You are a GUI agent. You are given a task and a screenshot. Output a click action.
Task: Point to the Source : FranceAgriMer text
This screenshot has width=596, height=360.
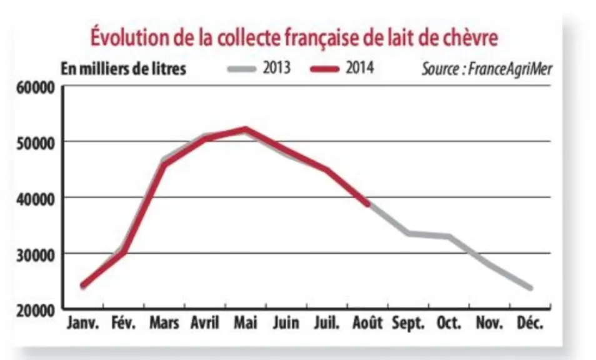(487, 69)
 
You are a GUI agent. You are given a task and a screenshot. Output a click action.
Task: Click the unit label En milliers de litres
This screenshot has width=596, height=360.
(124, 69)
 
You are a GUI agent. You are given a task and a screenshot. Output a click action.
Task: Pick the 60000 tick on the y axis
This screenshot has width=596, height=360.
(36, 88)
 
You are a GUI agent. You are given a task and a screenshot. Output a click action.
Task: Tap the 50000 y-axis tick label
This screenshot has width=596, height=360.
(36, 144)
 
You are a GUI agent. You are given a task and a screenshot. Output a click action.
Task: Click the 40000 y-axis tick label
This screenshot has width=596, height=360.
(36, 199)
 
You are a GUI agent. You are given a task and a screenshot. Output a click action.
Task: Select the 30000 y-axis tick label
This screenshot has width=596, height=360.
(36, 256)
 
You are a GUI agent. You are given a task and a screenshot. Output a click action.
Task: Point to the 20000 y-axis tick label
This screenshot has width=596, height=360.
(36, 311)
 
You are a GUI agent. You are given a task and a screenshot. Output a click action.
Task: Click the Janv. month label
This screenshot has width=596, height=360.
(83, 323)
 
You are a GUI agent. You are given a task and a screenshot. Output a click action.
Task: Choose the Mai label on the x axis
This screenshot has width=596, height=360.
(246, 322)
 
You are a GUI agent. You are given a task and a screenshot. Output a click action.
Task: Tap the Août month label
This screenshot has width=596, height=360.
(367, 322)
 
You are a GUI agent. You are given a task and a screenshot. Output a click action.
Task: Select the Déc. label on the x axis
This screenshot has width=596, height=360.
(530, 323)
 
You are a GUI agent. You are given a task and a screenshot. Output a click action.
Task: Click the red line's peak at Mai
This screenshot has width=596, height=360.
(246, 129)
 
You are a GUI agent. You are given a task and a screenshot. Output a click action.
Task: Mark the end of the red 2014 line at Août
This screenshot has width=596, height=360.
(367, 204)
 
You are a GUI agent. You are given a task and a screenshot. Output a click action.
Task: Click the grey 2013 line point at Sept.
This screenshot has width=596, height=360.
(408, 233)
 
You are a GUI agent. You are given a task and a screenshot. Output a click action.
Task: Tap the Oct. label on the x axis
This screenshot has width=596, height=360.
(449, 323)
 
